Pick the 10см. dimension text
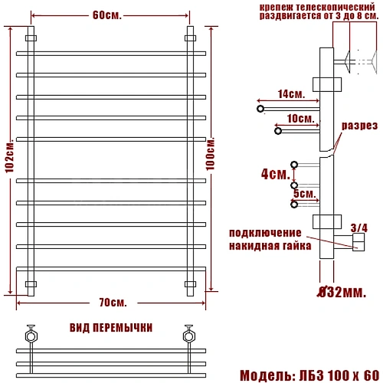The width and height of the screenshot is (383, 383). coord(300,119)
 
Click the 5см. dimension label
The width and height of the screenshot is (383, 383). coord(304,193)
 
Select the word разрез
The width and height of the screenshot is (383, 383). coord(358,126)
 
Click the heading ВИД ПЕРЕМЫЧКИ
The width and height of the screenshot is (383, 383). coord(110,327)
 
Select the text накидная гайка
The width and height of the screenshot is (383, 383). coord(270,246)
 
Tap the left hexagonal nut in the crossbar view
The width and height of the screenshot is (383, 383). coord(31,335)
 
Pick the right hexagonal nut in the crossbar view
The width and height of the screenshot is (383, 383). coord(188,335)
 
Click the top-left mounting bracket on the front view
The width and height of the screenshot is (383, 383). coord(31,38)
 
